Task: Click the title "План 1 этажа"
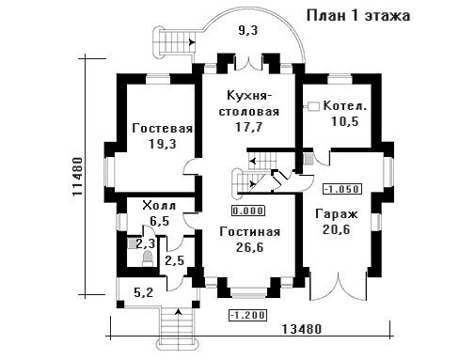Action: click(x=358, y=16)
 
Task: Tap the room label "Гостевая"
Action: click(x=163, y=129)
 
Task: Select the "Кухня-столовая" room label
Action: click(x=248, y=103)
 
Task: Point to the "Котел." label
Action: click(x=345, y=105)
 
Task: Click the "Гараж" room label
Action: click(x=337, y=214)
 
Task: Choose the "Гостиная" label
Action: click(x=250, y=232)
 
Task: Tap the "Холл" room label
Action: click(x=159, y=206)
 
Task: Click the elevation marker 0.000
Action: click(x=248, y=211)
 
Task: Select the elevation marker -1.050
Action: click(x=342, y=189)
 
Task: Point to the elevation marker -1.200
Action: click(x=248, y=315)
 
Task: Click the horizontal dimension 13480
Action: click(x=302, y=329)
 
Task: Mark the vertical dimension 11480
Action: click(x=77, y=177)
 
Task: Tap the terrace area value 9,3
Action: click(x=246, y=31)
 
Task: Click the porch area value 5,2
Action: click(x=143, y=292)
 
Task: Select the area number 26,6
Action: click(x=250, y=247)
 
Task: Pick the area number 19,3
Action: click(x=163, y=144)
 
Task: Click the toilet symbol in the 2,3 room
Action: click(x=148, y=258)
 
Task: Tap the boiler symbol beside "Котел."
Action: click(x=312, y=106)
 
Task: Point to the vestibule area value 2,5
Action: click(x=174, y=260)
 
